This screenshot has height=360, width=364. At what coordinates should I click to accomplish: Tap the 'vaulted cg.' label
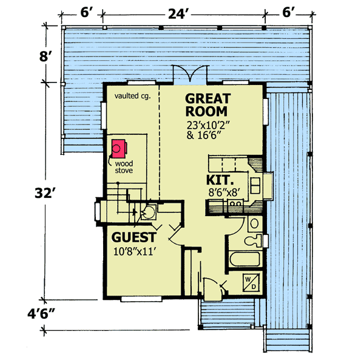click(x=132, y=96)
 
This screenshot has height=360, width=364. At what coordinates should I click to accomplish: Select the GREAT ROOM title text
click(x=206, y=105)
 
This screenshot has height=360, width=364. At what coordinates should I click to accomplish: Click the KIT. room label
click(x=218, y=180)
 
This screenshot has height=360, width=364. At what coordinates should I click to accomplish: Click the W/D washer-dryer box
click(x=251, y=282)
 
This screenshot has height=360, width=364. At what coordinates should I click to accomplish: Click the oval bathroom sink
click(x=255, y=223)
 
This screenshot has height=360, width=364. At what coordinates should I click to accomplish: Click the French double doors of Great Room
click(x=184, y=73)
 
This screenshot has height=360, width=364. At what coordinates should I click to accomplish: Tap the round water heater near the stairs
click(x=147, y=212)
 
